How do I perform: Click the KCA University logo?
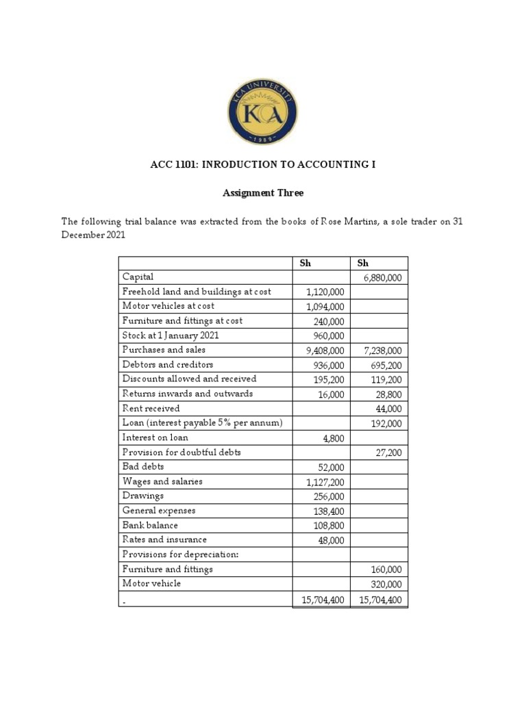(263, 108)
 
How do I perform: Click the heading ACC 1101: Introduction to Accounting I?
(263, 165)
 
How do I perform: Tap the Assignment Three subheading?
(263, 193)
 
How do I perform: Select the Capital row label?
(138, 277)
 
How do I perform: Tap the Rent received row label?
(151, 409)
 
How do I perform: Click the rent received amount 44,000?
(387, 409)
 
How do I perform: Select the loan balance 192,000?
(385, 424)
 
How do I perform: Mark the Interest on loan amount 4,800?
(332, 438)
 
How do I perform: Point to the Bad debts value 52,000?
(329, 467)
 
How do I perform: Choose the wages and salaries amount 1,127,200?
(323, 482)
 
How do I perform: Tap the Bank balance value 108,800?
(327, 526)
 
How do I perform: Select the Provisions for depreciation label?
(180, 555)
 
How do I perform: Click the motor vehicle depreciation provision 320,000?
(385, 584)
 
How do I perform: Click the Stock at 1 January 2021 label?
(171, 335)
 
